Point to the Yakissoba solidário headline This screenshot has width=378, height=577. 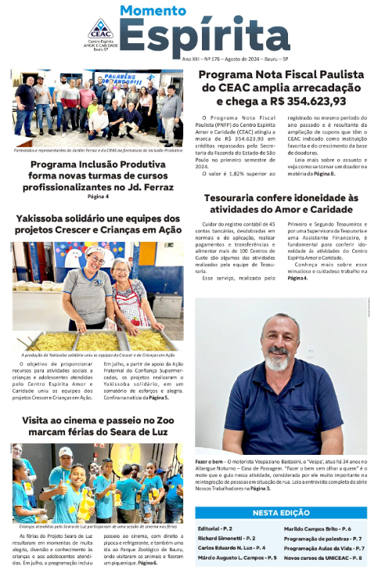(x=97, y=223)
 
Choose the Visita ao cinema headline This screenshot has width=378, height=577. (x=97, y=427)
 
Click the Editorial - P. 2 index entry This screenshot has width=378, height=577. (x=219, y=529)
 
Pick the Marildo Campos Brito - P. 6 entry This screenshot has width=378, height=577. (x=317, y=529)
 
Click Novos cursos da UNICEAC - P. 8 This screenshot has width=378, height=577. (x=322, y=558)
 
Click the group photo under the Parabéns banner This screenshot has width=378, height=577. (x=97, y=110)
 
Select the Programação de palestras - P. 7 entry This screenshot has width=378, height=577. (x=322, y=539)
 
